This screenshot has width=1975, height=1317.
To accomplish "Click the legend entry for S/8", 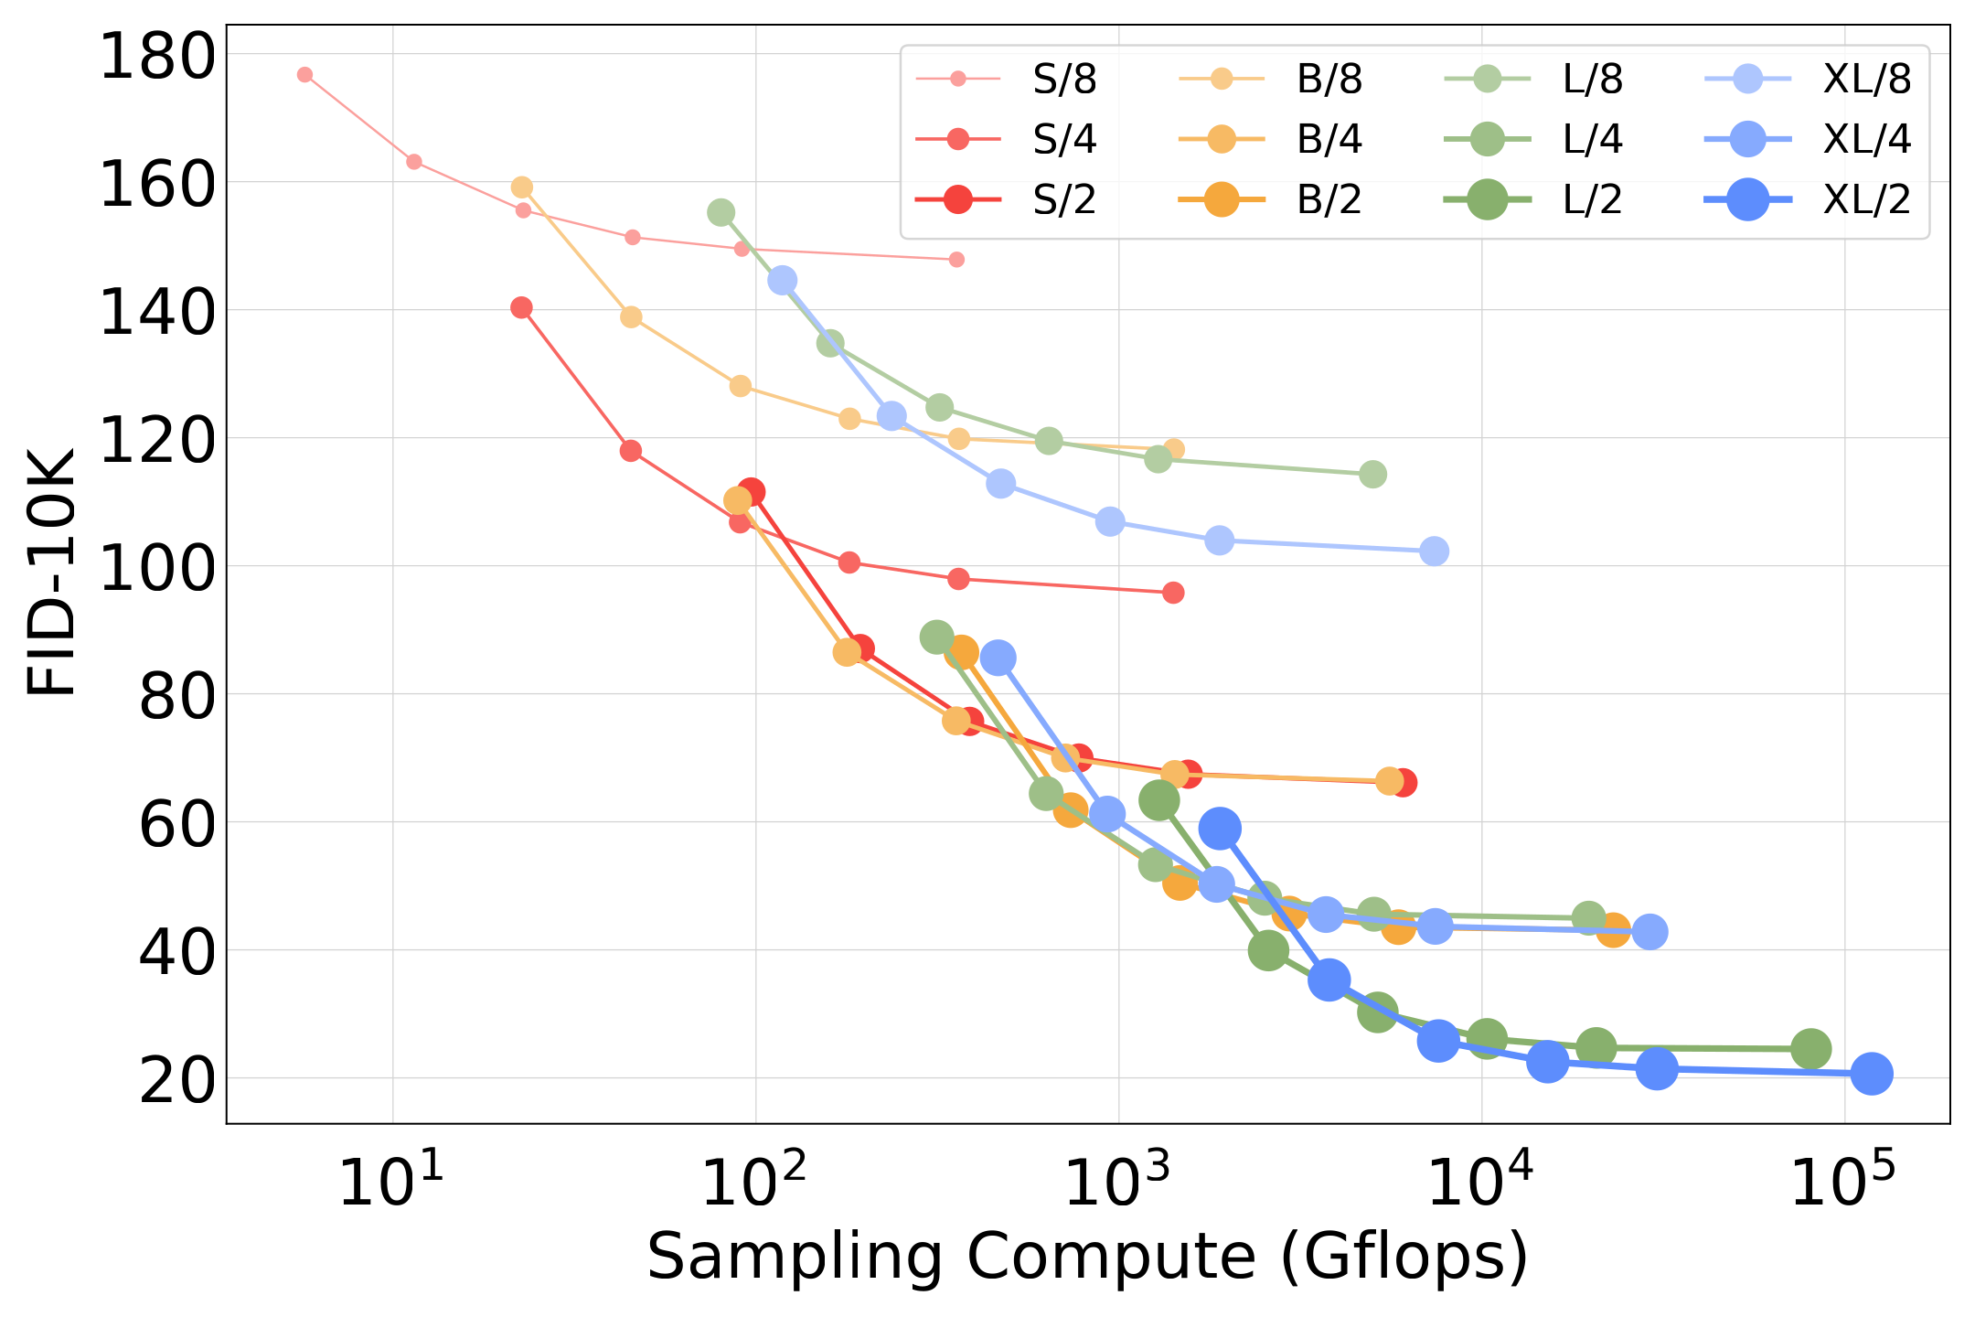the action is click(1006, 80).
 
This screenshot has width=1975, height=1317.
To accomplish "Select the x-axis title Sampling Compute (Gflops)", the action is click(1088, 1258).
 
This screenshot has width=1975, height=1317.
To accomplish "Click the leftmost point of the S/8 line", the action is click(304, 75).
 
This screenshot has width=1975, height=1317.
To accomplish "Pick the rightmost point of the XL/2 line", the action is click(1872, 1074).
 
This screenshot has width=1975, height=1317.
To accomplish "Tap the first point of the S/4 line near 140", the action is click(521, 308).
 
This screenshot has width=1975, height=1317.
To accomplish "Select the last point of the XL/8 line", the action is click(1435, 551).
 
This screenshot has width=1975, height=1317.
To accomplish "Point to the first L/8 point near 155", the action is click(721, 213).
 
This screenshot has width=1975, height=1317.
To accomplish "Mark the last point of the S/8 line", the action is click(956, 260).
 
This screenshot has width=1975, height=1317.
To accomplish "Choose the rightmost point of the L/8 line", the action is click(1372, 475).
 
